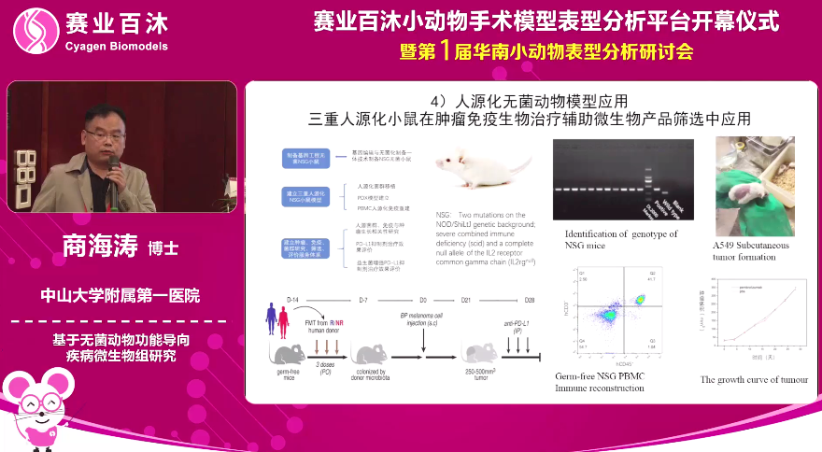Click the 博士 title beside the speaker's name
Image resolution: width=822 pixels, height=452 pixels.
point(164,249)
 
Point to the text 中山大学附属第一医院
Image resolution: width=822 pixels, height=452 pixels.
point(120,296)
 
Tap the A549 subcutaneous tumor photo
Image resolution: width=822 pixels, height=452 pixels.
point(755,187)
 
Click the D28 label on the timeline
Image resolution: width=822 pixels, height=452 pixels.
point(530,299)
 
